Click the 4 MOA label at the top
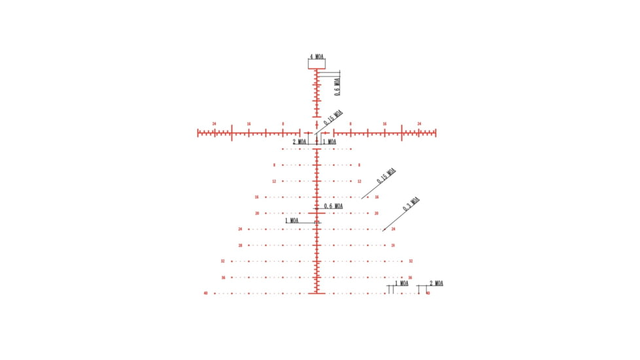[317, 56]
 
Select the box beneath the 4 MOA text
[317, 64]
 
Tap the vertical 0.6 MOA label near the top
[337, 86]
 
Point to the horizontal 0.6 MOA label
[333, 206]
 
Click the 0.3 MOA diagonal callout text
[411, 204]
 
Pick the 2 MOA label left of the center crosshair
[299, 141]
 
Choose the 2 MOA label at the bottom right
[436, 283]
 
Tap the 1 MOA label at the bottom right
[400, 283]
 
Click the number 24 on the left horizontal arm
[214, 124]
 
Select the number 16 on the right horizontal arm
[385, 124]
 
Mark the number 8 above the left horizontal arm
[283, 124]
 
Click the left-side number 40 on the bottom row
[205, 293]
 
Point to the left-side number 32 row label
[222, 261]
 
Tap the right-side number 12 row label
[359, 181]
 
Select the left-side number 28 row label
[240, 245]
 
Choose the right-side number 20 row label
[376, 213]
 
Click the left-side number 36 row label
[223, 278]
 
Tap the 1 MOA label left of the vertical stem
[292, 221]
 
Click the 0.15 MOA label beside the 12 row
[387, 177]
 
